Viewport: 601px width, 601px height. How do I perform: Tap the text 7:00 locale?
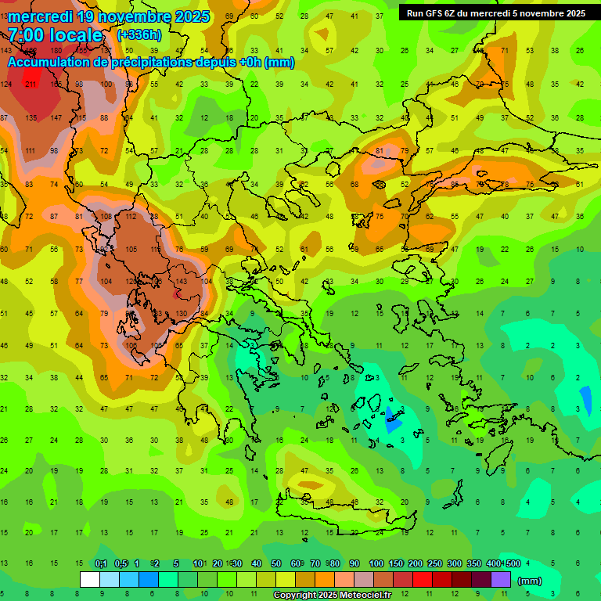coord(55,35)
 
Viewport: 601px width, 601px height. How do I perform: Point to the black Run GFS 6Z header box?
coord(495,13)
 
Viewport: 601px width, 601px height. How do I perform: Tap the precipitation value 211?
coord(31,84)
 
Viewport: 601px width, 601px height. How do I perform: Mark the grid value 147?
coord(56,117)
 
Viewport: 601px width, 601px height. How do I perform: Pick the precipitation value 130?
coord(182,314)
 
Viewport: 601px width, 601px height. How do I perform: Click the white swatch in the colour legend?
coord(90,579)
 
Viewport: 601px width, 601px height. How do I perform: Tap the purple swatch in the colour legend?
coord(501,579)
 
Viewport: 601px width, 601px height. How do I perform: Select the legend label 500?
coord(513,564)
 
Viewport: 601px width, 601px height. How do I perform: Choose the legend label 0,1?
coord(101,564)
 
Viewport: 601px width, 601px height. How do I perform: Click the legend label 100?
coord(376,564)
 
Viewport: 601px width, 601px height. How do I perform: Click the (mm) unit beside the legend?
coord(530,581)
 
